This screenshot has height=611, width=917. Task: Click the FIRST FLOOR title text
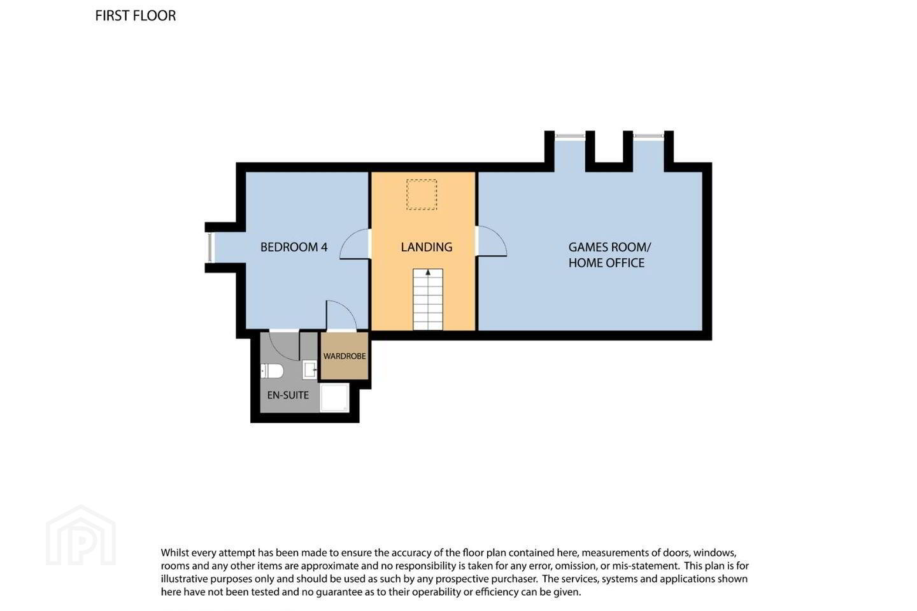(x=136, y=15)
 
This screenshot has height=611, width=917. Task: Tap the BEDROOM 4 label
(x=294, y=247)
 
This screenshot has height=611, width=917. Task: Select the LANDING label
(x=427, y=247)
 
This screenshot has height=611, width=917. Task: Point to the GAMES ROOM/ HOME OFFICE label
(x=609, y=255)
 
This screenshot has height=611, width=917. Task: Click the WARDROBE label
(x=345, y=356)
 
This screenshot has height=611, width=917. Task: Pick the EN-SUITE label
(x=288, y=395)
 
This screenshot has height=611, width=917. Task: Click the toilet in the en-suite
(x=272, y=371)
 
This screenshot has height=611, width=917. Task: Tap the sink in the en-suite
(x=309, y=370)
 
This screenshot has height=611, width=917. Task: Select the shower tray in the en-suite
(x=335, y=398)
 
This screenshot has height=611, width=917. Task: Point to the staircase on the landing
(x=428, y=299)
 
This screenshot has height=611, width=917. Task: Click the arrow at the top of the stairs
(x=428, y=272)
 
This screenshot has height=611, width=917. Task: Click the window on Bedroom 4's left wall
(x=210, y=248)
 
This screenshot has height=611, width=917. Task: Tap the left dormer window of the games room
(x=570, y=136)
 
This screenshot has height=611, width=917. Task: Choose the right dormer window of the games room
(x=648, y=136)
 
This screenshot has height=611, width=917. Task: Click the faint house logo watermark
(x=81, y=535)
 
